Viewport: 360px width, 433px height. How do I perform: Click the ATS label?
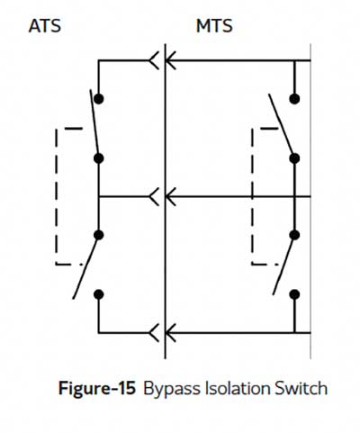[x=45, y=26]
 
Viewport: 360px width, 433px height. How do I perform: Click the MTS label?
[x=214, y=26]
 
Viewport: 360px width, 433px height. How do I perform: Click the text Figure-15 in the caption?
[x=97, y=388]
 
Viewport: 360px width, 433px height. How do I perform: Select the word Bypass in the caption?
[x=173, y=389]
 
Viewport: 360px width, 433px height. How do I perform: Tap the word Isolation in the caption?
[x=238, y=388]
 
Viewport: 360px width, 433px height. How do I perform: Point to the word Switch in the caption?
[x=301, y=388]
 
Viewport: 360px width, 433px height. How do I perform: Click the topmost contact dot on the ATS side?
[x=99, y=99]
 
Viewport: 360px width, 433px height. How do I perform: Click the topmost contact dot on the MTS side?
[x=294, y=99]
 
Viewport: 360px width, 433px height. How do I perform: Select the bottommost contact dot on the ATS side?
[x=99, y=294]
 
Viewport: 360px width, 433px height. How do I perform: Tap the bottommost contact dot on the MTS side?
[x=294, y=294]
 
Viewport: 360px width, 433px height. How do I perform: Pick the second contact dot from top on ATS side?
[x=99, y=158]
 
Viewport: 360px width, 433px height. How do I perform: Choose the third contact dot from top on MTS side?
[x=294, y=235]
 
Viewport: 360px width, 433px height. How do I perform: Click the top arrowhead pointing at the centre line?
[x=170, y=60]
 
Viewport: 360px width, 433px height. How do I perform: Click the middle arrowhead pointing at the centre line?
[x=170, y=197]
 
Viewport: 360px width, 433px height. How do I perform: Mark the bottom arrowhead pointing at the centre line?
[x=170, y=333]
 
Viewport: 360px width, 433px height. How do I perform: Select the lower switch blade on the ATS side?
[x=85, y=266]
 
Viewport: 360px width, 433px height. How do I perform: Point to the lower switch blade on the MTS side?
[x=283, y=265]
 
